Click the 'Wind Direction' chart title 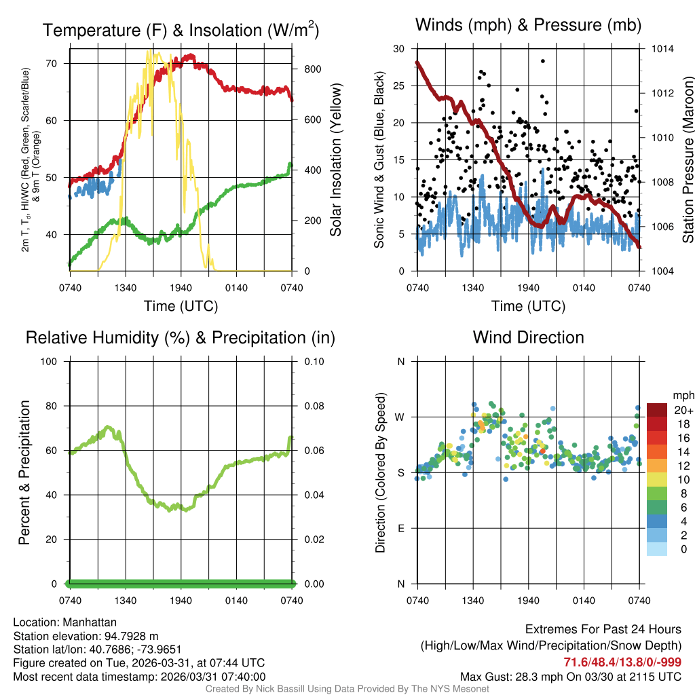[x=528, y=337]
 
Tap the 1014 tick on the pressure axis [x=662, y=49]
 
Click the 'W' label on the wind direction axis [x=400, y=417]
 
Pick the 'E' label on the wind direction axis [x=400, y=528]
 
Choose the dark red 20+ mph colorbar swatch [x=656, y=410]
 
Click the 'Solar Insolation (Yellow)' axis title [x=335, y=159]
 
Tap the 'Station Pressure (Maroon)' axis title [x=687, y=159]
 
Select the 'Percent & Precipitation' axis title [x=23, y=472]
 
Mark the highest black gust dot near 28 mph [x=543, y=61]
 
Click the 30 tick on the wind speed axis [x=398, y=49]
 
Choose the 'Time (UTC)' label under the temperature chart [x=181, y=306]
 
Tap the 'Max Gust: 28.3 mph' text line [x=570, y=677]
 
